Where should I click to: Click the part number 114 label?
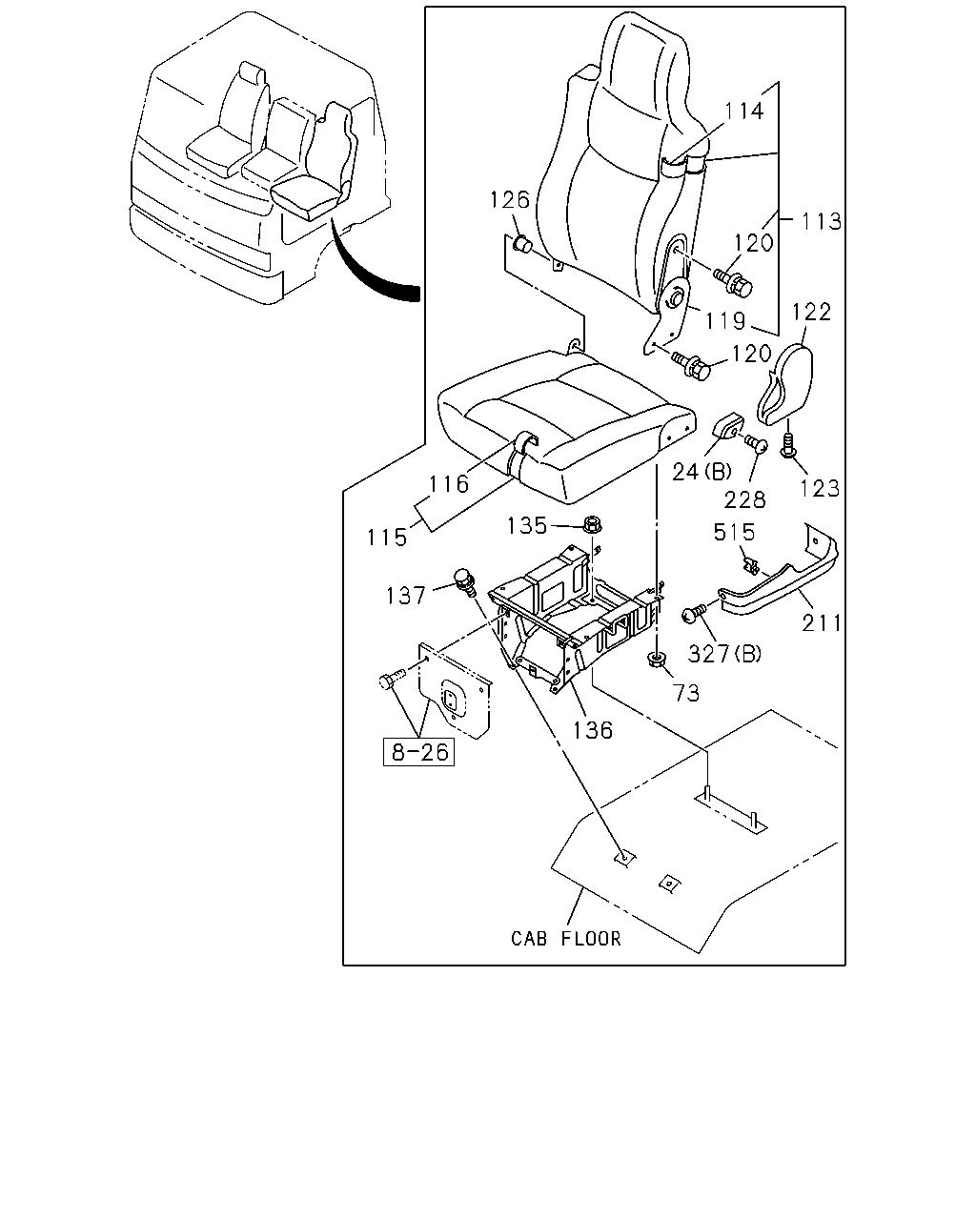(743, 112)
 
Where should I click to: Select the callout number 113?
(821, 221)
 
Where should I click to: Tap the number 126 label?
(509, 199)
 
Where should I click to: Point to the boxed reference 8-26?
(419, 752)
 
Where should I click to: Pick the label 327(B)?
(724, 654)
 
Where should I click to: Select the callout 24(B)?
(701, 472)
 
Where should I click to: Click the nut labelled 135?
(592, 524)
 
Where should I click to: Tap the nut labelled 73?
(656, 661)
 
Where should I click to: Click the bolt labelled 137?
(464, 583)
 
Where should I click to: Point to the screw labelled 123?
(787, 446)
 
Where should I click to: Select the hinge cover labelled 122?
(786, 385)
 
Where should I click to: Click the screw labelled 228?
(757, 444)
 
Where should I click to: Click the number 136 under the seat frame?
(593, 730)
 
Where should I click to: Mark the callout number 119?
(724, 321)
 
